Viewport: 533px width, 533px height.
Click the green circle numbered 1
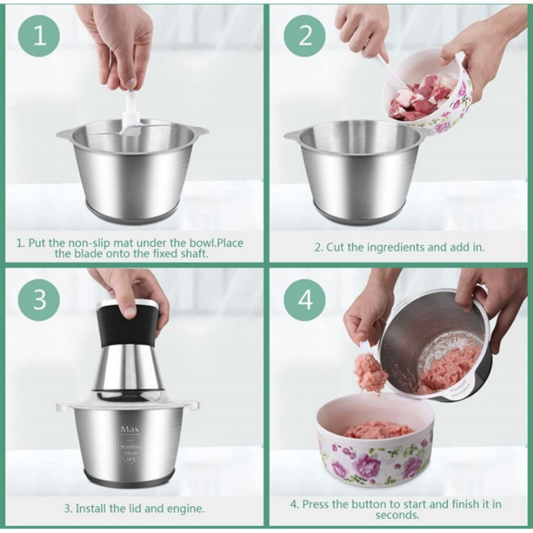click(39, 36)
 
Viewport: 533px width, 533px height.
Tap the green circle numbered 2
click(304, 36)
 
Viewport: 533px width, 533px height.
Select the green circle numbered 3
click(39, 300)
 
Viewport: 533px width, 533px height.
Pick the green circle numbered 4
click(304, 300)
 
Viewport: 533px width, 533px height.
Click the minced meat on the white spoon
click(370, 372)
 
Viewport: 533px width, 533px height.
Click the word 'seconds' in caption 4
click(397, 515)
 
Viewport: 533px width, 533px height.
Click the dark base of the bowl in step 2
click(361, 214)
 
